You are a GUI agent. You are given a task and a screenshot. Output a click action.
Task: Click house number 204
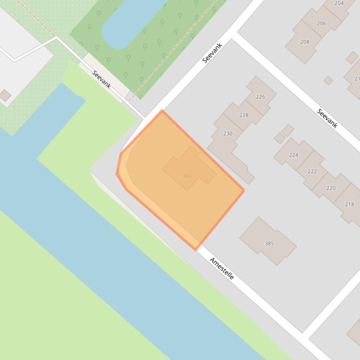click(339, 3)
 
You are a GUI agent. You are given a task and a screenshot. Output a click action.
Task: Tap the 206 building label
click(321, 23)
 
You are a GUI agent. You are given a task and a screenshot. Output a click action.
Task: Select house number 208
click(304, 42)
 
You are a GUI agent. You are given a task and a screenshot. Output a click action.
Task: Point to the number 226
click(260, 97)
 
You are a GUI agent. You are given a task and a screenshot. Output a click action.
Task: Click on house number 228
click(243, 115)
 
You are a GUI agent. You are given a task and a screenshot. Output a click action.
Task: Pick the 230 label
click(228, 134)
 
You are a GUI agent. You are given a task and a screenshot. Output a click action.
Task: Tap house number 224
click(294, 155)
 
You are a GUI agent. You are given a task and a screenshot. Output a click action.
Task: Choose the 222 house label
click(312, 172)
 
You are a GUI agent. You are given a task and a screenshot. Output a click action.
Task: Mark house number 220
click(331, 188)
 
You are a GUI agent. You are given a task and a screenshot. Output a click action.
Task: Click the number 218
click(349, 204)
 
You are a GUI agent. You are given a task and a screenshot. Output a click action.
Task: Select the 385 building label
click(269, 244)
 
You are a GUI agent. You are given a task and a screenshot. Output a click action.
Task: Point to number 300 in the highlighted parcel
click(186, 176)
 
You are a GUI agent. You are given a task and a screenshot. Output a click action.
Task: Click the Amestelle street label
click(221, 268)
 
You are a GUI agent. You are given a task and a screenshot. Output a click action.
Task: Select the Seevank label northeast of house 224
click(327, 118)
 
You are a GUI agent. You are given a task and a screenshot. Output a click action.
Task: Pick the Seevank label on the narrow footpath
click(102, 79)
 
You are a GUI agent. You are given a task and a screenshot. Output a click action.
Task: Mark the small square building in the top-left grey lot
click(5, 95)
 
